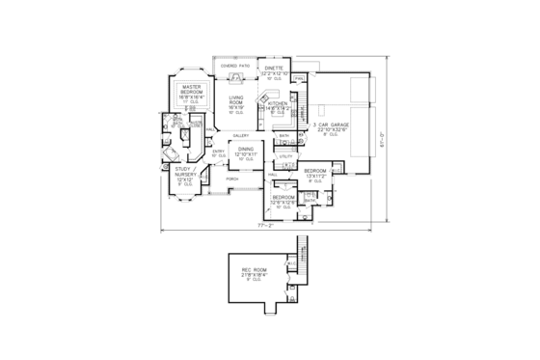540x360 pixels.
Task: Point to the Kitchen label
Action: (x=278, y=104)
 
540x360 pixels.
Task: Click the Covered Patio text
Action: (x=237, y=67)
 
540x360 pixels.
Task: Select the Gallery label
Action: (x=241, y=135)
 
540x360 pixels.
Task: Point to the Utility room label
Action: (x=286, y=154)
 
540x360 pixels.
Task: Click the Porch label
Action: (x=232, y=180)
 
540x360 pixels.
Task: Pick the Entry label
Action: (x=218, y=152)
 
